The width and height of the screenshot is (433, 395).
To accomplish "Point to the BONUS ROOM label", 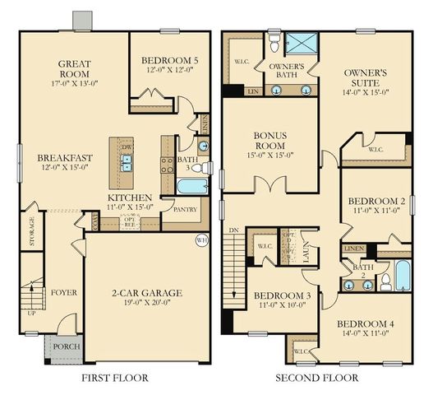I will [270, 140].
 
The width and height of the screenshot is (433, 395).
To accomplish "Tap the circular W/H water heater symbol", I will [201, 240].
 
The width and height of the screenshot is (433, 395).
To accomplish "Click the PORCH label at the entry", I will [66, 346].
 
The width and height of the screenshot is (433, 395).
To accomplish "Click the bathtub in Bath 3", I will [192, 186].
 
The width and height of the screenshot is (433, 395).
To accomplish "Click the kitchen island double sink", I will [127, 161].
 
